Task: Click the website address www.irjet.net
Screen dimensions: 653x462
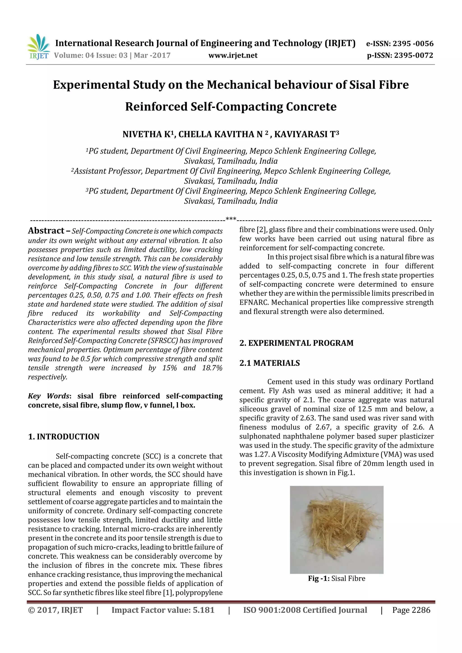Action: tap(233, 55)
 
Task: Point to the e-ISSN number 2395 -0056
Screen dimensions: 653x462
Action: tap(413, 44)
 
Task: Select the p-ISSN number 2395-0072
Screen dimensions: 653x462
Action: tap(413, 55)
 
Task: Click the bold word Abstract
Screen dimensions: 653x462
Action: tap(46, 231)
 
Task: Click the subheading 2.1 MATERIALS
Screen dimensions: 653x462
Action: tap(269, 363)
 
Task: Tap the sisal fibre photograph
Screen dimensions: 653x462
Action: tap(337, 529)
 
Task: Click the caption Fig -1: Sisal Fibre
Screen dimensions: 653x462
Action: tap(337, 578)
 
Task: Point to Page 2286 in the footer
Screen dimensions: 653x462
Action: tap(411, 610)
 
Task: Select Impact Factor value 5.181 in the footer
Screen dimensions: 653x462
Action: tap(163, 610)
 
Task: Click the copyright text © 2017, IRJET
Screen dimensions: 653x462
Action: tap(55, 610)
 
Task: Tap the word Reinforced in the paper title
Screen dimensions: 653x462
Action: tap(156, 107)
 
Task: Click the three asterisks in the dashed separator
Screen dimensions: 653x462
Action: tap(231, 219)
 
